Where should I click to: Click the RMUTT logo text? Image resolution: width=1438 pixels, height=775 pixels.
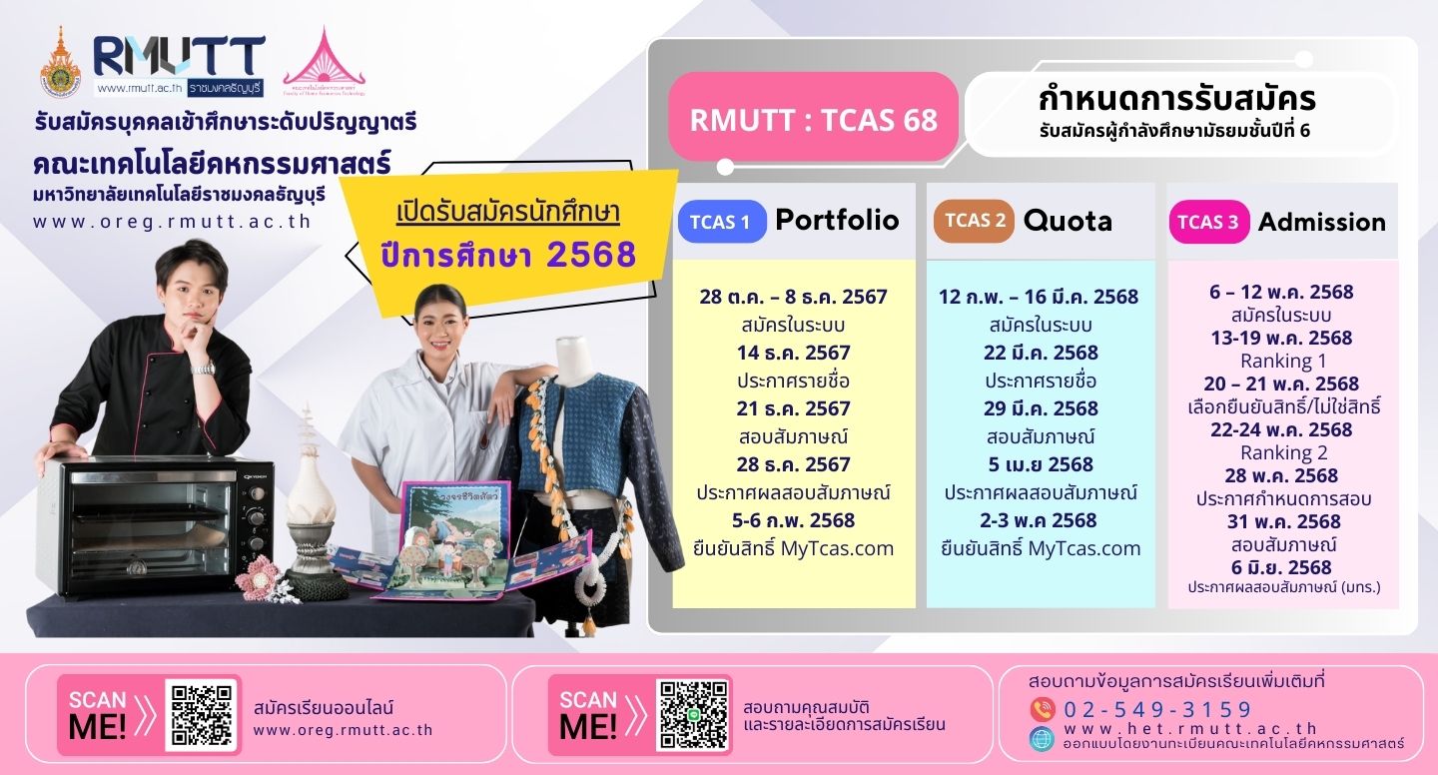coord(180,55)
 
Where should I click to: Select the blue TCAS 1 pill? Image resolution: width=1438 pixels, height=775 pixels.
coord(721,222)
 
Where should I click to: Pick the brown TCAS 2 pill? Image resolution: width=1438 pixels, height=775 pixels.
coord(974,221)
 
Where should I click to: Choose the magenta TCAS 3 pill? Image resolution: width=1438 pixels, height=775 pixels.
coord(1208,222)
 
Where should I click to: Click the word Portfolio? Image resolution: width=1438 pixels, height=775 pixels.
coord(837,221)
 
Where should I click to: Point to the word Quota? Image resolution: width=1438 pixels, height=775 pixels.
coord(1068,221)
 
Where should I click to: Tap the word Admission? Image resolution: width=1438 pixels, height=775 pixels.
coord(1321,222)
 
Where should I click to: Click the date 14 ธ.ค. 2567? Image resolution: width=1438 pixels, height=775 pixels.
coord(793,353)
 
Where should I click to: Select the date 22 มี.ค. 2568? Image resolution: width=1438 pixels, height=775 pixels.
coord(1040,353)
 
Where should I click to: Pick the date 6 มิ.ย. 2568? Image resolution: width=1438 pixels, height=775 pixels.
coord(1281,567)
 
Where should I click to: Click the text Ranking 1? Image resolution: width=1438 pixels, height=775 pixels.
coord(1282,361)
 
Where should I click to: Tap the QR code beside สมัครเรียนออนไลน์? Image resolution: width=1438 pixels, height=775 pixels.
coord(202,714)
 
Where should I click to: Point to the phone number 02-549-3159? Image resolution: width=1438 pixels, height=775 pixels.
coord(1157,710)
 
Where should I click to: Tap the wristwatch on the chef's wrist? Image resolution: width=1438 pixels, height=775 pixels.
coord(204,368)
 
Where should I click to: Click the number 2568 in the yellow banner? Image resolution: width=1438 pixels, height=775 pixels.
coord(591,256)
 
